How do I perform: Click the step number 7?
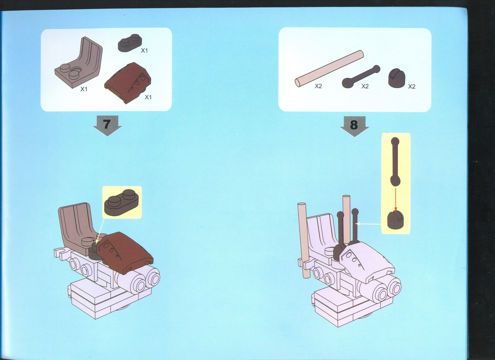tap(107, 124)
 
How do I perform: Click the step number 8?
tap(354, 125)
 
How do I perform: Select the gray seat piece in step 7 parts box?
tap(79, 63)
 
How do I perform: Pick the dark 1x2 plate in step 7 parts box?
tap(130, 43)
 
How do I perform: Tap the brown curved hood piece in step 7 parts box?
tap(128, 82)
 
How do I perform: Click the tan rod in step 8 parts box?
tap(329, 68)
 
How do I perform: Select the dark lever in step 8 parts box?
tap(361, 76)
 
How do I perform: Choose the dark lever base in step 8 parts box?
tap(397, 78)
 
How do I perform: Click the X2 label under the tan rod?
tap(318, 86)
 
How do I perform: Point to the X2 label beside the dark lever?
tap(365, 86)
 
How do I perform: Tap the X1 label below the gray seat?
tap(84, 89)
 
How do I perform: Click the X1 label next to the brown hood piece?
tap(148, 97)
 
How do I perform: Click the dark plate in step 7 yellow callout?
tap(121, 202)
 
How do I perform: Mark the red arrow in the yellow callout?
tap(396, 199)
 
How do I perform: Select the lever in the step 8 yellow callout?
tap(395, 162)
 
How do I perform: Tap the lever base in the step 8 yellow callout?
tap(396, 219)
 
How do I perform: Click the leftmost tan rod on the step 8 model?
tap(303, 240)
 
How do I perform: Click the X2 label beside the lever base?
tap(412, 86)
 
